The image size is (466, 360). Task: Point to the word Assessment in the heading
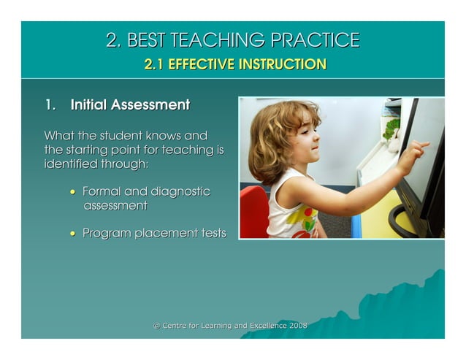(150, 105)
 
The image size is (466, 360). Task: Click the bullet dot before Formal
(72, 192)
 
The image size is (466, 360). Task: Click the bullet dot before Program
(72, 234)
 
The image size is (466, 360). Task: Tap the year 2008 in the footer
(298, 326)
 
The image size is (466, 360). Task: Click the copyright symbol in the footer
(156, 326)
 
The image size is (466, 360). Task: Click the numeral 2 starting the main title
(112, 40)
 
